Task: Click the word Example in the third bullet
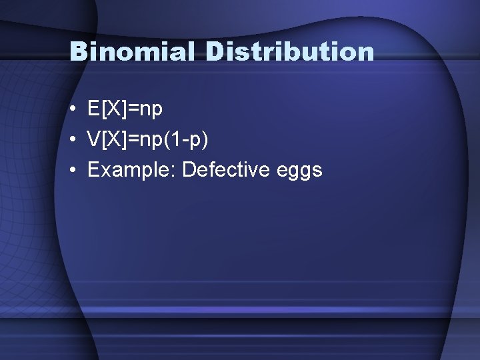[129, 170]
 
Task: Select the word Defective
[225, 170]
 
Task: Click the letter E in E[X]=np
[93, 109]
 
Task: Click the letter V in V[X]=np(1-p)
[93, 139]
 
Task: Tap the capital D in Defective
[189, 170]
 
